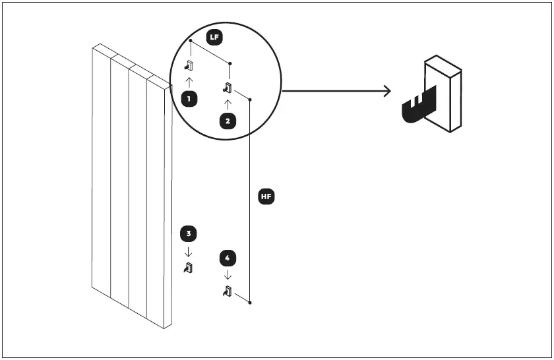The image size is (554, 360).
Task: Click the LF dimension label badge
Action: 214,38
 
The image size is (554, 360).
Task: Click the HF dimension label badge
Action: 266,196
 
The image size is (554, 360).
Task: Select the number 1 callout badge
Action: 189,100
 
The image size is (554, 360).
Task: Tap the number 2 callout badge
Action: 228,121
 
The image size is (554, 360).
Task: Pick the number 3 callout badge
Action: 189,233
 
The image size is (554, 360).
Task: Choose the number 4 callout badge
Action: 228,256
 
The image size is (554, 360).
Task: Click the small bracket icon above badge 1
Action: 189,65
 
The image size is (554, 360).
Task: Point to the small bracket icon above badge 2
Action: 228,88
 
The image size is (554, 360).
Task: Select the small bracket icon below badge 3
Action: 189,268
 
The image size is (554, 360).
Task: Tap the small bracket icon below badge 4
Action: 228,291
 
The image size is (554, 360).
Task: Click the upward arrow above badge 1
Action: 189,82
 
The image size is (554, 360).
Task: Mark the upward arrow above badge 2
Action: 228,104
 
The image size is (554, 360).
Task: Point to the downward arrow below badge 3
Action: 189,251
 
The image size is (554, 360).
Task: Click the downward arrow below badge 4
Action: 228,274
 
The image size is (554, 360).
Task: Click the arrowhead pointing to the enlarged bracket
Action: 388,91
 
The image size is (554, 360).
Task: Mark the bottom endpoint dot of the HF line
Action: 251,303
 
